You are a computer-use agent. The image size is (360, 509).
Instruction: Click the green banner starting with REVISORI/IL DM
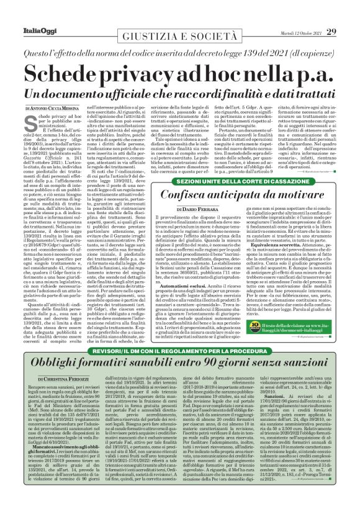click(180, 353)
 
